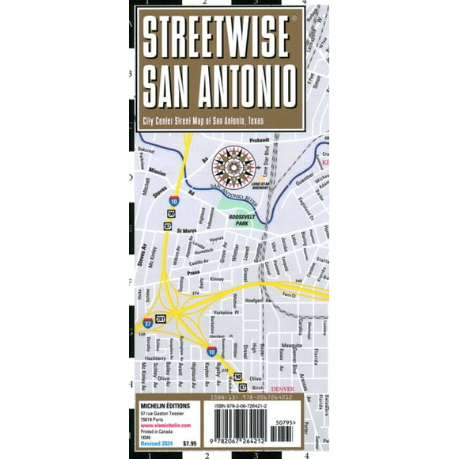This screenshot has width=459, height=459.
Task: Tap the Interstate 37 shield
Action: pos(148,323)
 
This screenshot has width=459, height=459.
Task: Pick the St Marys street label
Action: pos(186,231)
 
